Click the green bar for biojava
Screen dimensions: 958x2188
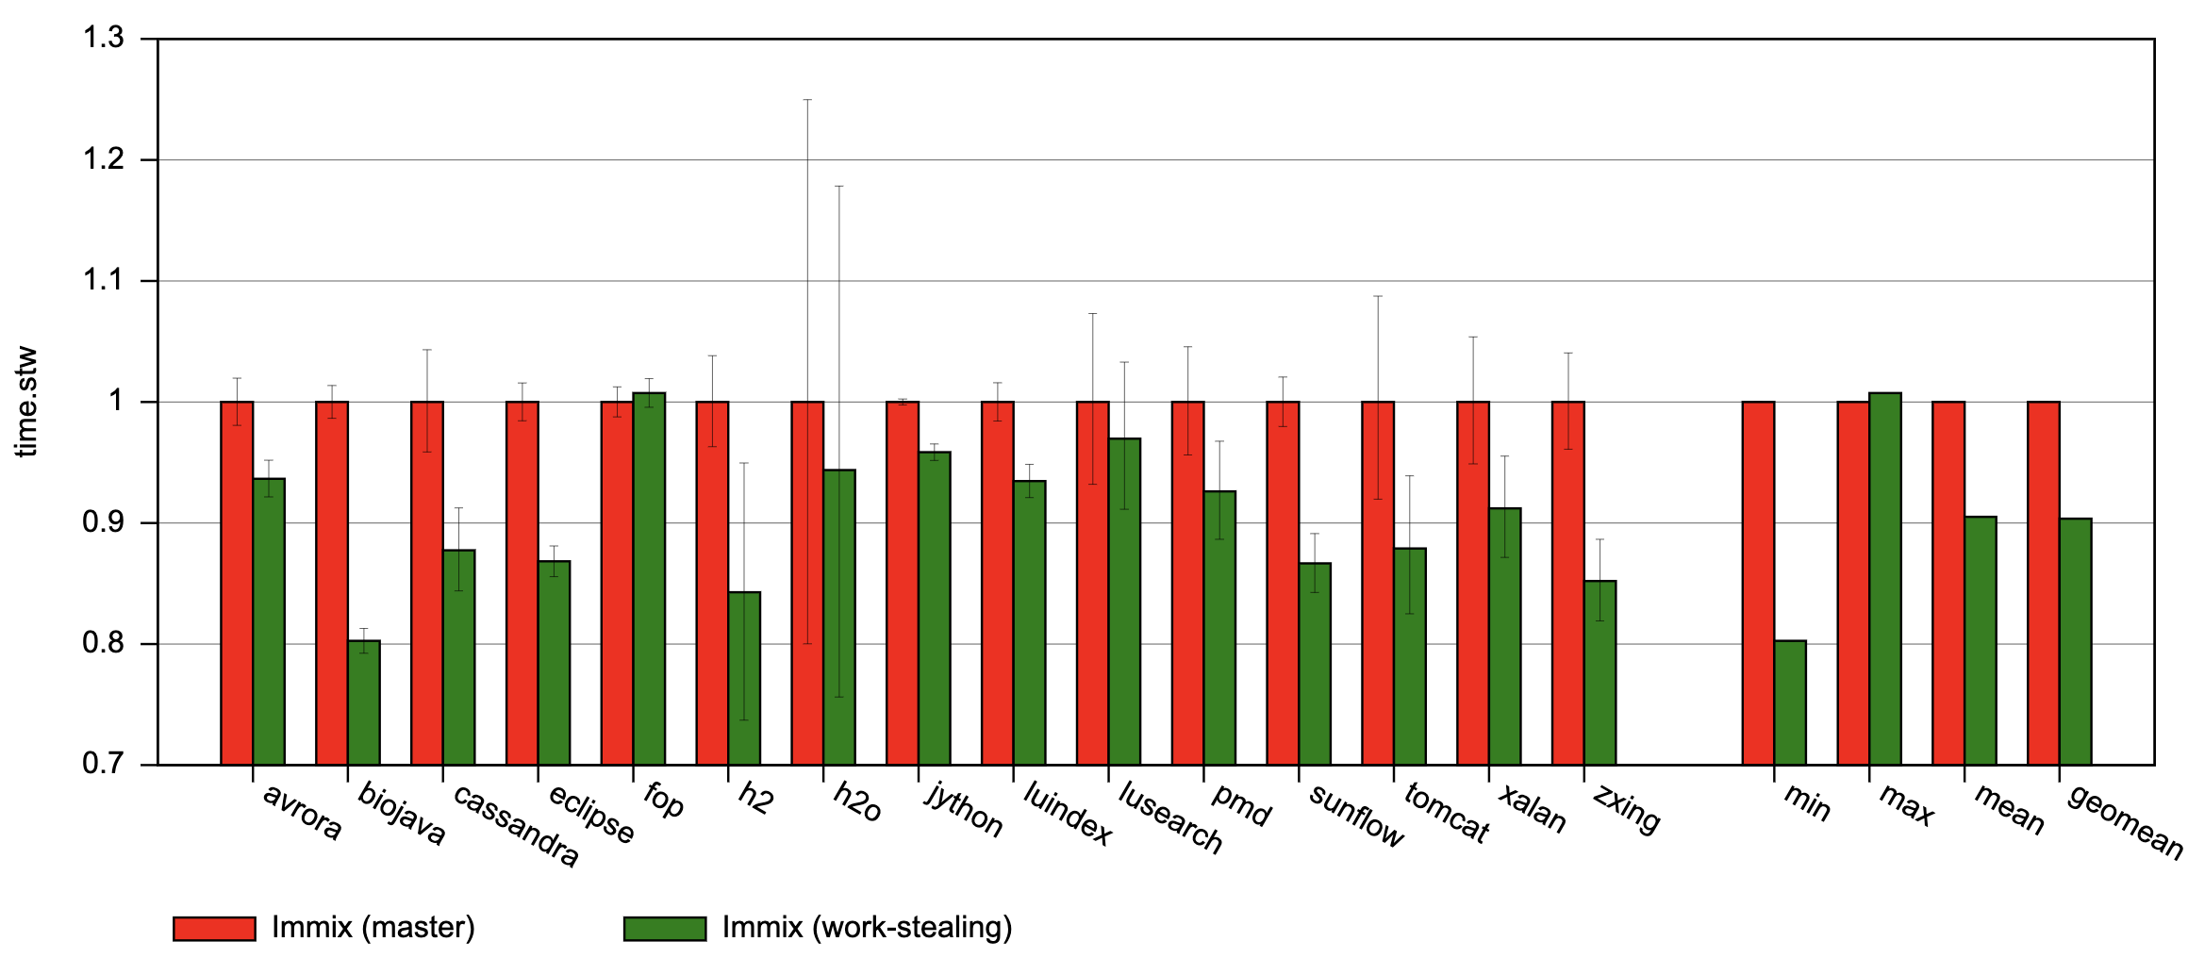point(364,702)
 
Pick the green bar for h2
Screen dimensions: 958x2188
point(744,678)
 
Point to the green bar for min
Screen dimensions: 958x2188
point(1790,702)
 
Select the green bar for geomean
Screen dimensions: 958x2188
point(2075,641)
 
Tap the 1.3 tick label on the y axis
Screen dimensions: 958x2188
point(104,38)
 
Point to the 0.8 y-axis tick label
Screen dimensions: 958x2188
point(104,644)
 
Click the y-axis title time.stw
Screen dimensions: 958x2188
point(26,402)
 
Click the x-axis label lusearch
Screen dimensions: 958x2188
point(1170,817)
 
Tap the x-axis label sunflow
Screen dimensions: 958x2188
point(1356,815)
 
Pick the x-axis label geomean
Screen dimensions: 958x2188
point(2125,820)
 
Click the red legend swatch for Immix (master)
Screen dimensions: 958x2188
point(214,929)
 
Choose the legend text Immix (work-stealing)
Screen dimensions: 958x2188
point(867,928)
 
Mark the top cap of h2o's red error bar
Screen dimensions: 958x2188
point(807,99)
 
